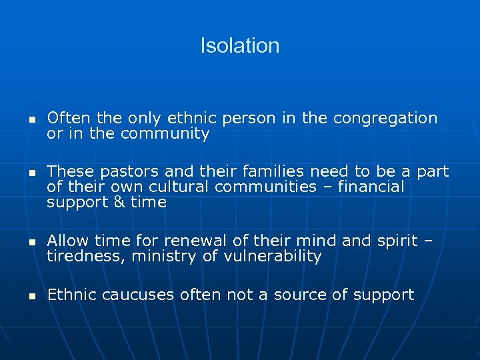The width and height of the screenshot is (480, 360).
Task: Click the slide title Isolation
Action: pyautogui.click(x=240, y=45)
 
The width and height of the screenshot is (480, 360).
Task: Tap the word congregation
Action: pyautogui.click(x=385, y=119)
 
